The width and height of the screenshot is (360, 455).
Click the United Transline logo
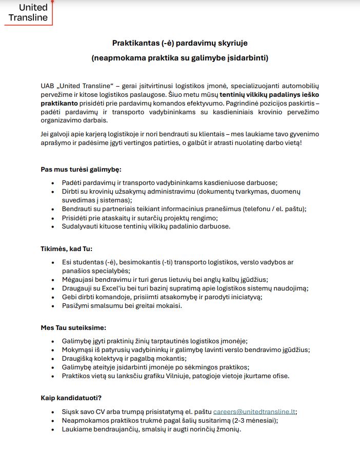point(28,12)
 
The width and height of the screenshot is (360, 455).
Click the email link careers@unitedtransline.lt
point(254,411)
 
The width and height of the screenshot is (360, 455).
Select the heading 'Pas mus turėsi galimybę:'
point(81,170)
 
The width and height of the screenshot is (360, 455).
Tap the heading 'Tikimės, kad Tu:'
point(67,249)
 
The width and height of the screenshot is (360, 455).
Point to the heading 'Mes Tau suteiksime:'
point(73,328)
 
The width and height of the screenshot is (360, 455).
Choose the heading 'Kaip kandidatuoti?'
point(71,398)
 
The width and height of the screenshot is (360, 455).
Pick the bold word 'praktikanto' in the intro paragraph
point(59,103)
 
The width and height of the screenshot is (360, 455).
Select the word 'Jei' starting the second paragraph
point(46,134)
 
